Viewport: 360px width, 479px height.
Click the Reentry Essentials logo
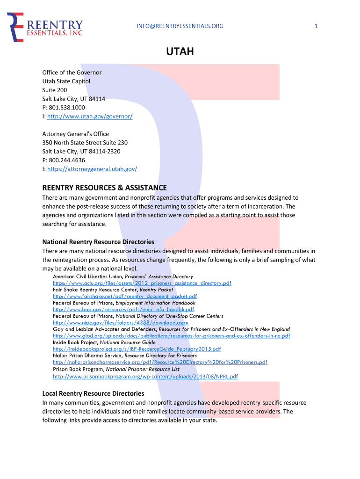[x=45, y=27]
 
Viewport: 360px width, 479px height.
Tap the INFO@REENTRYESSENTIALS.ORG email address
[x=180, y=26]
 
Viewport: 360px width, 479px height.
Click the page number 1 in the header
[x=316, y=26]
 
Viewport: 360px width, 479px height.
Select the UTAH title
[x=180, y=51]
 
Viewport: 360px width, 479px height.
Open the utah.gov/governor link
[x=90, y=116]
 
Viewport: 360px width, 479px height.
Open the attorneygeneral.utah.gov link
[x=92, y=169]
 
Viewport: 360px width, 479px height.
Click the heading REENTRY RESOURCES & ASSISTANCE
[x=105, y=188]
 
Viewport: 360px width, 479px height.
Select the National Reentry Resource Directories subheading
[x=98, y=242]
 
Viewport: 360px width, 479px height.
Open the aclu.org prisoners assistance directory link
[x=142, y=283]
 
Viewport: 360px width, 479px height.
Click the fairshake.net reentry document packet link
[x=125, y=296]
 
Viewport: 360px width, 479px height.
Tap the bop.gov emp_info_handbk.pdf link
[x=123, y=309]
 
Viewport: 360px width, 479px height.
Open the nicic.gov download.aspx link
[x=121, y=323]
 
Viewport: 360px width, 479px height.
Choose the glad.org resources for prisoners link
[x=171, y=336]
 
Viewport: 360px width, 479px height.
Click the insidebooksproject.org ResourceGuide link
[x=137, y=349]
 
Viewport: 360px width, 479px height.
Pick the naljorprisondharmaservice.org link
[x=160, y=362]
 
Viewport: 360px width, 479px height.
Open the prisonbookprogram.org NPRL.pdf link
[x=145, y=376]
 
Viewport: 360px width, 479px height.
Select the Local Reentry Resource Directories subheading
[x=93, y=393]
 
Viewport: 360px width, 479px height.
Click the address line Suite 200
[x=55, y=90]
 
